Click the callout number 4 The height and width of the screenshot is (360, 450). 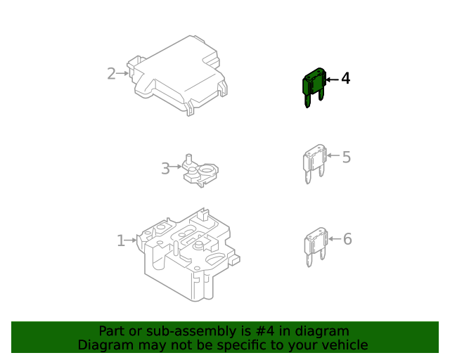coord(345,78)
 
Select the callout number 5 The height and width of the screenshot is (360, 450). coord(346,156)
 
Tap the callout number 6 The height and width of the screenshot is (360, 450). coord(347,239)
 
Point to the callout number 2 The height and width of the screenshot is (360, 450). coord(111,73)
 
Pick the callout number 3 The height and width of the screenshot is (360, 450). coord(165,169)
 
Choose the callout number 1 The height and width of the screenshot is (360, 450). coord(120,240)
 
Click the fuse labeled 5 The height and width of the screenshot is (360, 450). coord(314,163)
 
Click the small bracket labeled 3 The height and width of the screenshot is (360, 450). coord(200,172)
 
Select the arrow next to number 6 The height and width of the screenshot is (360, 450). coord(333,239)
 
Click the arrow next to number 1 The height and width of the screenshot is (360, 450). coord(131,240)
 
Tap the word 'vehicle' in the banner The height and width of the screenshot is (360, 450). coord(345,345)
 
